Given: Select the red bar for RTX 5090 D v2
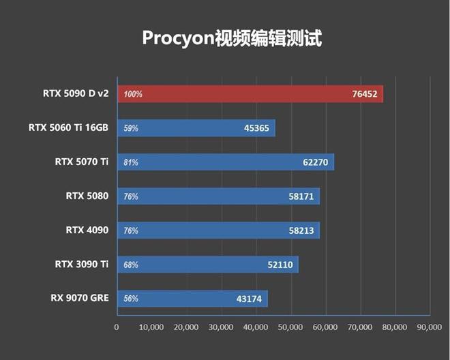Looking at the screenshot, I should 250,94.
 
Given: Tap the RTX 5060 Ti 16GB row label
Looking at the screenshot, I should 68,127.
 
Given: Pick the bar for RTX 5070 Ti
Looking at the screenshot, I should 225,162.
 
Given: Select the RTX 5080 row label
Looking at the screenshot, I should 87,196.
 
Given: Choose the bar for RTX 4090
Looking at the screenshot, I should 218,230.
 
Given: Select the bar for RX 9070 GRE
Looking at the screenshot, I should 192,299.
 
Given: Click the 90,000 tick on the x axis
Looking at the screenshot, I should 429,328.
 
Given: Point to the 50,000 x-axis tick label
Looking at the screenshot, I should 290,328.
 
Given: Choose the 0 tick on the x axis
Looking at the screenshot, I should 117,328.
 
